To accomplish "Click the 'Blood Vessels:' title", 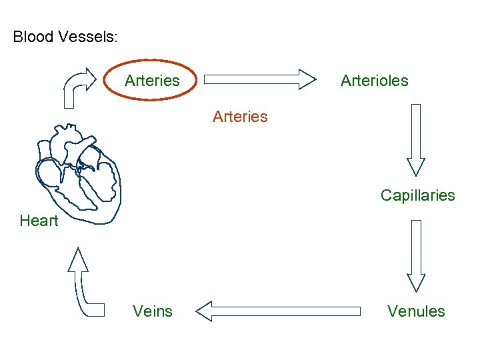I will pos(65,37).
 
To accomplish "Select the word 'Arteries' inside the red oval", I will pos(152,81).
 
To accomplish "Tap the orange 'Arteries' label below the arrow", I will pos(240,117).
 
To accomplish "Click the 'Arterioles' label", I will pos(374,81).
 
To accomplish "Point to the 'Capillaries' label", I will pos(417,195).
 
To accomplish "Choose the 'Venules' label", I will pos(416,311).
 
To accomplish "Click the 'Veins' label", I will pos(153,311).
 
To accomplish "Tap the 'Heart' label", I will pos(39,221).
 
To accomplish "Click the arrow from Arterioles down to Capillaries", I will pos(417,139).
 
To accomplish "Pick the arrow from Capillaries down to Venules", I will pos(417,256).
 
